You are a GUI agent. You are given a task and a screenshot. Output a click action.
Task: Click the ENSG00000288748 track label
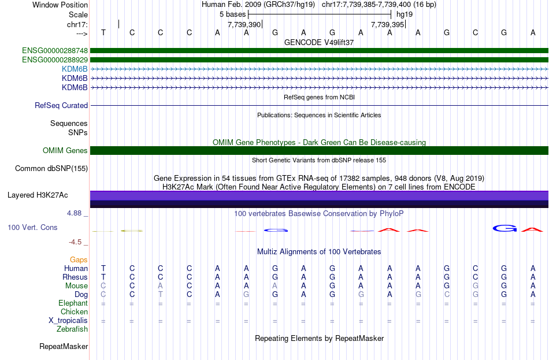tap(55, 50)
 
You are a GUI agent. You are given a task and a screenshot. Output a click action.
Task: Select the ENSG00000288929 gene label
tap(55, 60)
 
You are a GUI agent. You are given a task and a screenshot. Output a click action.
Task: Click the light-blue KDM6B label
tap(75, 69)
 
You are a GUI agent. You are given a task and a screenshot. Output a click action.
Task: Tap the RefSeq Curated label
tap(61, 106)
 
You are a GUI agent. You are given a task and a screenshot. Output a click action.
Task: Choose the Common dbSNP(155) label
tap(51, 169)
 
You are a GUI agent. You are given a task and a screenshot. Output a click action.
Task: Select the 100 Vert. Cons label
tap(32, 228)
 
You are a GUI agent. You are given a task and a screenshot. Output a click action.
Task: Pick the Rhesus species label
tap(75, 277)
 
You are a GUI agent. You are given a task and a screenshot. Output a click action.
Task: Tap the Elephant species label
tap(73, 303)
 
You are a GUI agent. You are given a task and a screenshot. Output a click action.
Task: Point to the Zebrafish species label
tap(72, 329)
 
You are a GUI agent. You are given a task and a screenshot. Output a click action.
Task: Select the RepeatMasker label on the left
tap(64, 347)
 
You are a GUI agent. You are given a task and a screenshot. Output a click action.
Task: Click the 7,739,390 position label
tap(244, 25)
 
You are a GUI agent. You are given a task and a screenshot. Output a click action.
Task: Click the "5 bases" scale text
tap(232, 14)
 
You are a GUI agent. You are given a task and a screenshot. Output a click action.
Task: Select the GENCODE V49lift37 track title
tap(319, 42)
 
